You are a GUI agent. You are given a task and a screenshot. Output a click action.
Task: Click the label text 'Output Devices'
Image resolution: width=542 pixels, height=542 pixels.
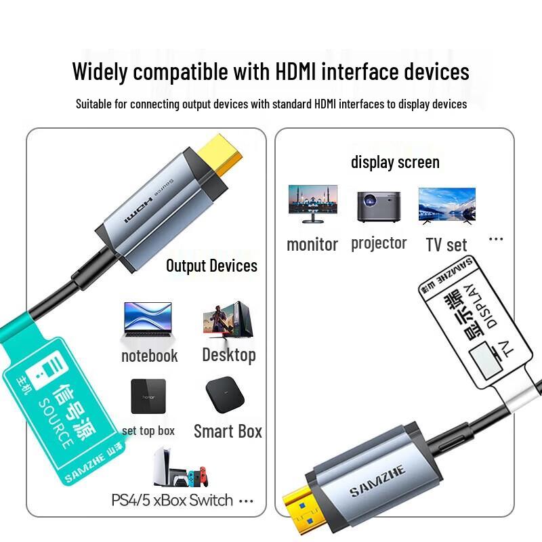(211, 266)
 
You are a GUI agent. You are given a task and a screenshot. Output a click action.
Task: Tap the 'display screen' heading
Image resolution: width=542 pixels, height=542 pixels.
(395, 163)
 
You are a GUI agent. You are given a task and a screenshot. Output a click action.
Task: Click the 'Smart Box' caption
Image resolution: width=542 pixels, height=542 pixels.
(228, 432)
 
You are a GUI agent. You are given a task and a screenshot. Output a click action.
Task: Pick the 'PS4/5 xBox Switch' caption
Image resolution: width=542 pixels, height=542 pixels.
(172, 501)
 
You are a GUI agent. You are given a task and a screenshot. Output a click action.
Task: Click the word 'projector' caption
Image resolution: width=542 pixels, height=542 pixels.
(379, 243)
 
